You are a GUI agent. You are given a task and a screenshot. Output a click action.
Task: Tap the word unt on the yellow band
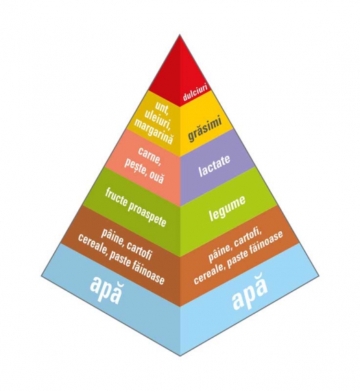pos(162,106)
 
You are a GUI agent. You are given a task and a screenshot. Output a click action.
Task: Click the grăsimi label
pos(204,129)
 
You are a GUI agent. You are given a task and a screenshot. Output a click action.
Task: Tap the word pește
pos(135,167)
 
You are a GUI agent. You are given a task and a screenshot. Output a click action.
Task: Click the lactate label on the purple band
pos(215,166)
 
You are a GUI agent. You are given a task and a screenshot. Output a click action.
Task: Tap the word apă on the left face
pos(106,290)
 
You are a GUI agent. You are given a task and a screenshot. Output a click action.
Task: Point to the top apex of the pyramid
pos(180,35)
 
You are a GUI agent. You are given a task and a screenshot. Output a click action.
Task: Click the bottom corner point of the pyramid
pos(180,356)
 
